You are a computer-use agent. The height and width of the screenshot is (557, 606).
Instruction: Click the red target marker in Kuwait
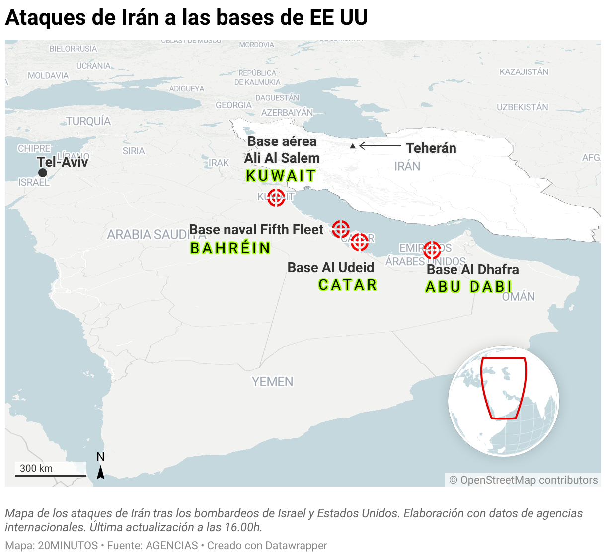276,197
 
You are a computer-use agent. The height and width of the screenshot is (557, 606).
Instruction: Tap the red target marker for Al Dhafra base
432,250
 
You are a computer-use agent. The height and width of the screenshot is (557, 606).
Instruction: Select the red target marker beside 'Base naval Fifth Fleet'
341,229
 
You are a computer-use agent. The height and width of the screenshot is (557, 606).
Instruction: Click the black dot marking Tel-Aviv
43,173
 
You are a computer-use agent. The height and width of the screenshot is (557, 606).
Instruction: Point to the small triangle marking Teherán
352,146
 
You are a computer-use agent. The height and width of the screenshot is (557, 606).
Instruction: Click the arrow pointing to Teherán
379,146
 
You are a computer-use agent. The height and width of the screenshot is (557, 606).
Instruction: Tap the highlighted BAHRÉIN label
230,248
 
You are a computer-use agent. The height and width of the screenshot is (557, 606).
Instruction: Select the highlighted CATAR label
348,285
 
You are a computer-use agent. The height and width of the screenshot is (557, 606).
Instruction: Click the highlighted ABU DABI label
468,287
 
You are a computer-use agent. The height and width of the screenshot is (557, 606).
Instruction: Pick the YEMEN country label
272,382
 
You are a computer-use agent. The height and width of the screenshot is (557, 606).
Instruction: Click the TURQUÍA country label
88,121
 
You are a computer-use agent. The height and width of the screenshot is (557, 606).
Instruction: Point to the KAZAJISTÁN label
524,72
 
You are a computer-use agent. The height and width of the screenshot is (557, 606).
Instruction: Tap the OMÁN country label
518,297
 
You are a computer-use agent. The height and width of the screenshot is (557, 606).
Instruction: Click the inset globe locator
503,401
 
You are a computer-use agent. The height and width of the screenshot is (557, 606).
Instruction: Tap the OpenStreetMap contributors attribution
523,480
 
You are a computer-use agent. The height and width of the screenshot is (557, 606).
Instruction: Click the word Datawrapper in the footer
296,545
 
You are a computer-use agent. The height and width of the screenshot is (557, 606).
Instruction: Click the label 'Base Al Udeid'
330,267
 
